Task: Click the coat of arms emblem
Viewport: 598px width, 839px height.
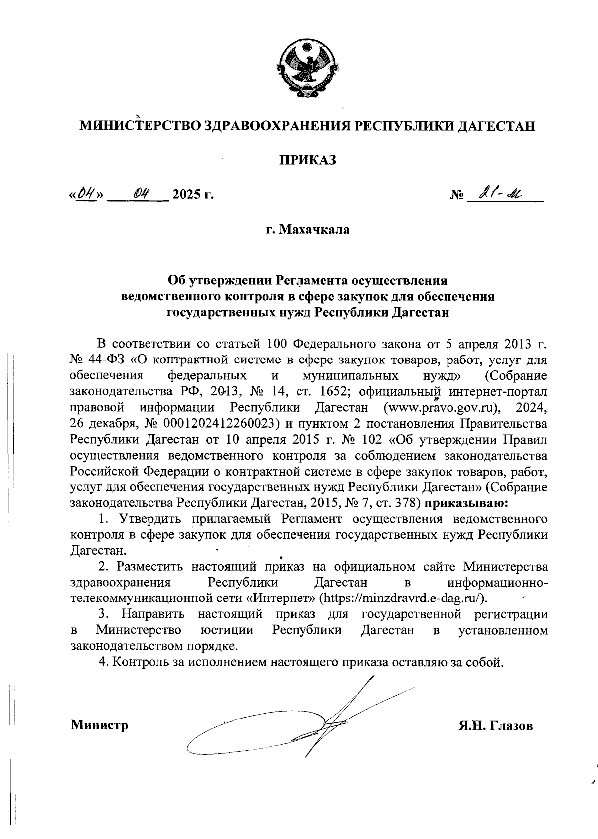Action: [x=307, y=68]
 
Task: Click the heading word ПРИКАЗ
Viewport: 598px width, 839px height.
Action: [x=307, y=160]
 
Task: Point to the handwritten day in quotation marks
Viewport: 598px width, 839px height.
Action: [x=86, y=192]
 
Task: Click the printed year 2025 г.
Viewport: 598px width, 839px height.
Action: [x=193, y=194]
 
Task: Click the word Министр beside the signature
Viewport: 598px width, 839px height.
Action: [x=99, y=725]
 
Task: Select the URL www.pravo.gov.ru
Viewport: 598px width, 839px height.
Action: [x=441, y=408]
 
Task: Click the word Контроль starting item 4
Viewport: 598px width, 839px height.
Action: [x=141, y=662]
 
